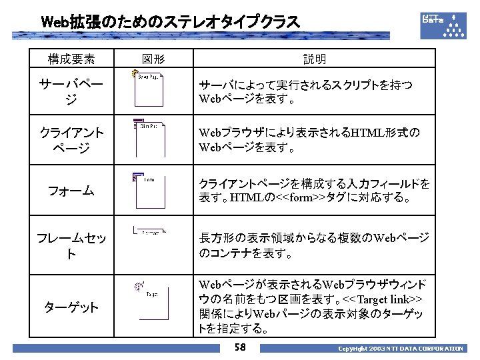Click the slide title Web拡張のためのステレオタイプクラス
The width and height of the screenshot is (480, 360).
(x=170, y=22)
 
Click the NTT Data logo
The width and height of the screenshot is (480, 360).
(x=443, y=25)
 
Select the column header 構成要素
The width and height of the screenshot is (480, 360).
(x=71, y=59)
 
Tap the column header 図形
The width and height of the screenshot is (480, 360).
(x=153, y=59)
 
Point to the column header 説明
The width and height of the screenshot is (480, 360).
(x=314, y=59)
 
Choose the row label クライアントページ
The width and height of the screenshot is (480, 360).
(x=71, y=139)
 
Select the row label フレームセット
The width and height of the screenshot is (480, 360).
(x=71, y=245)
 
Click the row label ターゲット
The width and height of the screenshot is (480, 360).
(x=71, y=307)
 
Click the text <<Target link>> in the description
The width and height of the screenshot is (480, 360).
(x=387, y=299)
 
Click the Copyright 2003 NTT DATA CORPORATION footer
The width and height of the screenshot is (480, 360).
(x=399, y=349)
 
